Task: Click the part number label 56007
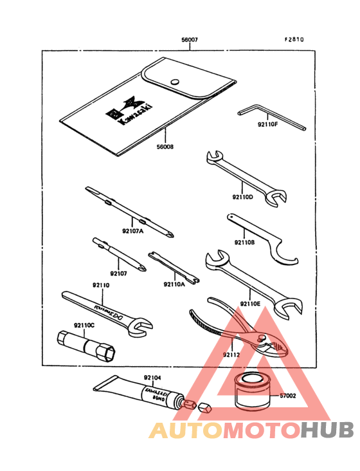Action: pos(189,40)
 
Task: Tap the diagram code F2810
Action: pos(294,39)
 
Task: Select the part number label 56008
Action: pos(165,147)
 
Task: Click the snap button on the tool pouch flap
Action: pos(174,81)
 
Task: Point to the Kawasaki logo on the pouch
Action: pos(131,113)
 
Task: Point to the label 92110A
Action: pos(174,282)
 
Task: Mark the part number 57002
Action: pos(286,397)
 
